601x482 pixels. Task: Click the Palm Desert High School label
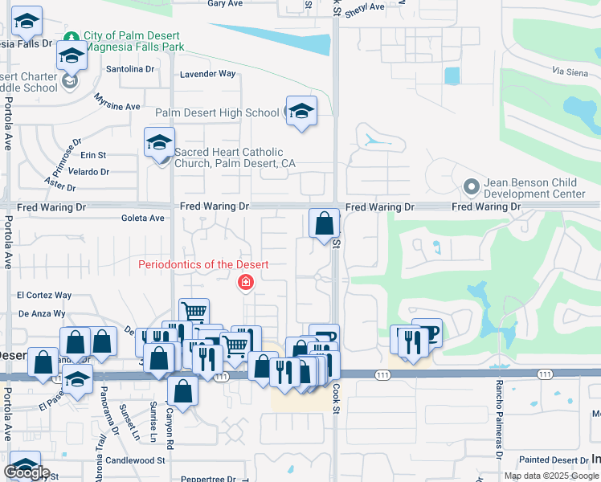[217, 113]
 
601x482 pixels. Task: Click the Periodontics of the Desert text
[203, 264]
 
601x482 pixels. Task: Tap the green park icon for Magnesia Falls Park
[72, 38]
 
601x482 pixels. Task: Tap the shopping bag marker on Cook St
[324, 223]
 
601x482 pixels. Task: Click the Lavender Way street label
[208, 74]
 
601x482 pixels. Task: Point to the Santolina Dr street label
[130, 69]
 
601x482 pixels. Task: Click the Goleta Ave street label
[142, 218]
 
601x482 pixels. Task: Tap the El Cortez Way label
[45, 296]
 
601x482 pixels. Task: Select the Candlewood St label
[135, 461]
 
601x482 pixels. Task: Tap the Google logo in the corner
[27, 472]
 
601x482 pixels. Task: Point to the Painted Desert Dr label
[554, 460]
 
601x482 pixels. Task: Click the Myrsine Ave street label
[117, 102]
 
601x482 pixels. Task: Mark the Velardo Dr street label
[88, 172]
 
